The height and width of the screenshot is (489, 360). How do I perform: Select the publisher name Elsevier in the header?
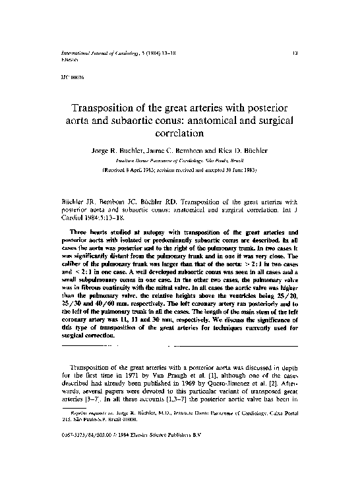[x=52, y=57]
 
